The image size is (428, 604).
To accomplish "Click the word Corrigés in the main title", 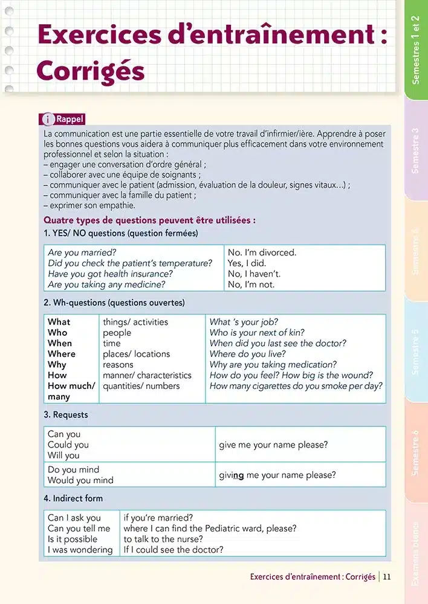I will (91, 71).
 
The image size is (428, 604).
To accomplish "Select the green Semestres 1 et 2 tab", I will (415, 50).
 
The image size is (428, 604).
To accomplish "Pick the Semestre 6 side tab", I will (415, 452).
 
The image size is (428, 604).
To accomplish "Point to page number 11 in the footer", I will (387, 577).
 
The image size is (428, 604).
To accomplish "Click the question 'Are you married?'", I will (82, 252).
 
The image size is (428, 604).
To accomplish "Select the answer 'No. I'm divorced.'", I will (262, 252).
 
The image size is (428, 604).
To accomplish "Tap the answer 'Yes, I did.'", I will (247, 263).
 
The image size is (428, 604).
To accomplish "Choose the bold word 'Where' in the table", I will (62, 354).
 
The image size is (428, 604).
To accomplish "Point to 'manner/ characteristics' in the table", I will (147, 376).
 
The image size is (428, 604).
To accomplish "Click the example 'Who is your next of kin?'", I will (257, 333).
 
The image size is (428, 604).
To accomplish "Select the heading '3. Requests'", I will (66, 415).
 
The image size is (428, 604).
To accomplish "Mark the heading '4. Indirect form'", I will (73, 498).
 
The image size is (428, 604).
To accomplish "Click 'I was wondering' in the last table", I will (80, 550).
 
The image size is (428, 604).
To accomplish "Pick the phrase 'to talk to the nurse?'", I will (163, 539).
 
